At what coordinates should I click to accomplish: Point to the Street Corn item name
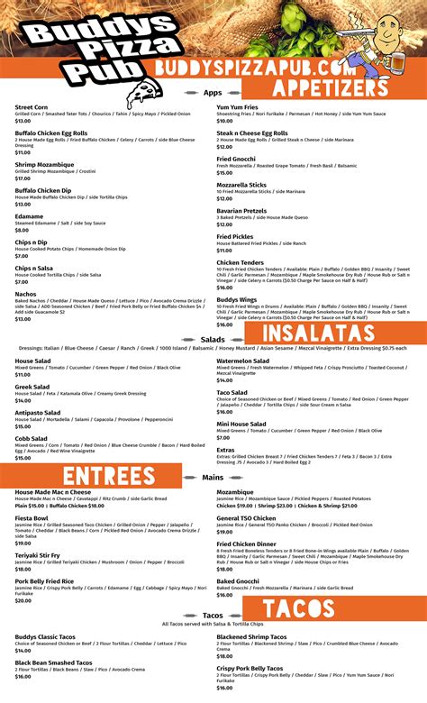(x=32, y=107)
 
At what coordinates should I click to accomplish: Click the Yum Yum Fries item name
(x=239, y=107)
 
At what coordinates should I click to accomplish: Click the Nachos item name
(x=26, y=293)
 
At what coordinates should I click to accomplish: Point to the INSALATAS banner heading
(x=324, y=333)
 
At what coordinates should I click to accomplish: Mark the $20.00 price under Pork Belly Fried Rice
(x=23, y=599)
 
